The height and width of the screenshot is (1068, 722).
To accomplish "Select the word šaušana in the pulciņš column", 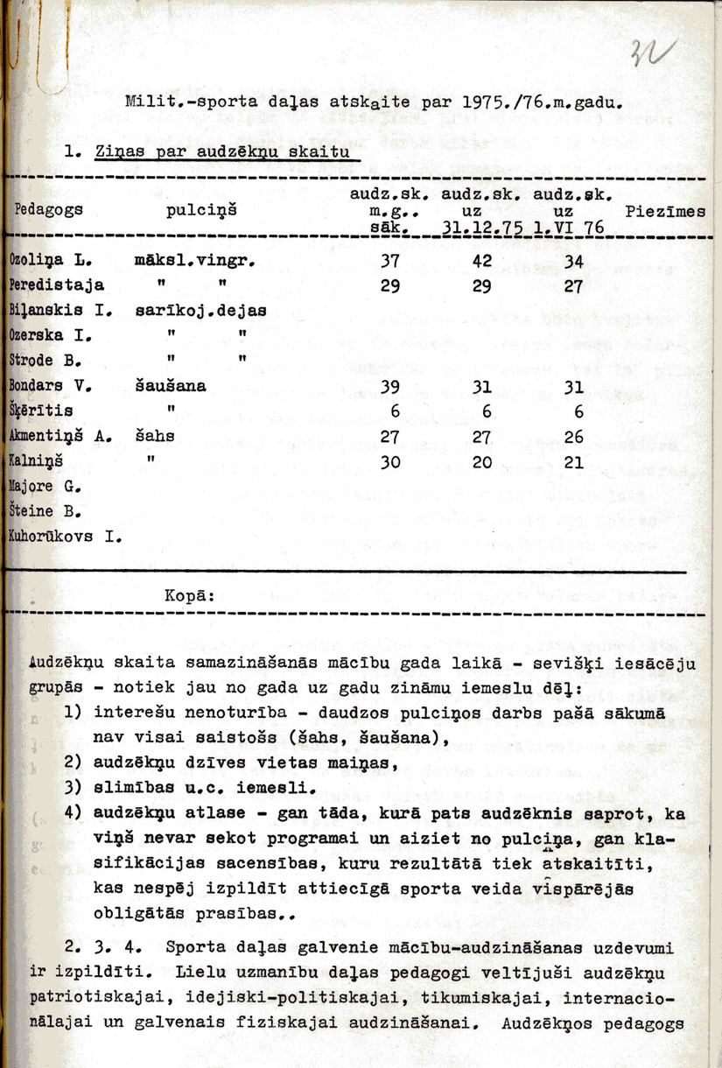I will coord(171,385).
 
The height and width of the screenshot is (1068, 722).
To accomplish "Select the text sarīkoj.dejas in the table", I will coord(200,311).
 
